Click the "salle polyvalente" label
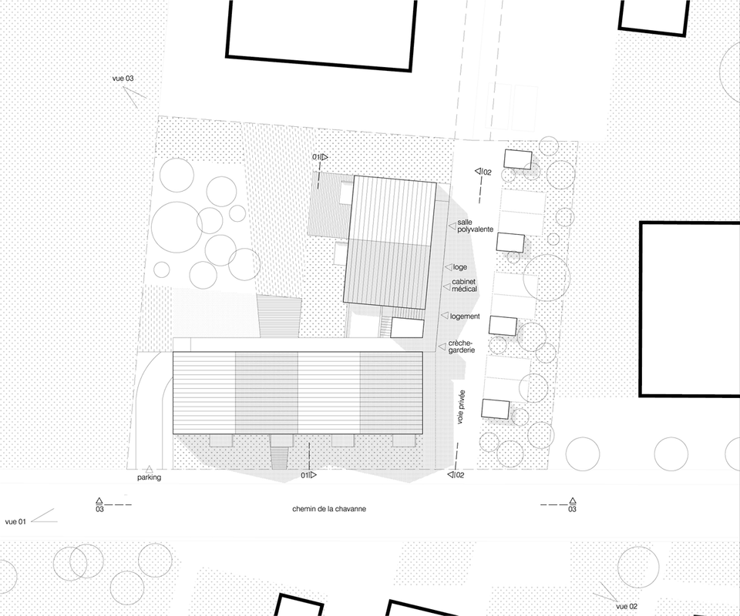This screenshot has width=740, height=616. [x=476, y=226]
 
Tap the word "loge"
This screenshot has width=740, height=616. [x=459, y=267]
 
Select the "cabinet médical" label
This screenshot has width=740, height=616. [x=464, y=286]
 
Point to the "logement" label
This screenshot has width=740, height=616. [x=465, y=316]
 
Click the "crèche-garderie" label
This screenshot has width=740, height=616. [x=462, y=346]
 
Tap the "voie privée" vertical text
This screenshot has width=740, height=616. [x=461, y=407]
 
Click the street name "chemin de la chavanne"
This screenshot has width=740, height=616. [x=329, y=509]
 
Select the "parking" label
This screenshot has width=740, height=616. [x=149, y=477]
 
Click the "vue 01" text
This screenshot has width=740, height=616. [x=15, y=522]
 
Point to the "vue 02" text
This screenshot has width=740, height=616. [x=627, y=607]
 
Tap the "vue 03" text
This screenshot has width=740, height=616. [x=123, y=79]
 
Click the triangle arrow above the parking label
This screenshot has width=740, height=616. [x=149, y=469]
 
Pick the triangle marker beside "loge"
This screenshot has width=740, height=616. [x=449, y=266]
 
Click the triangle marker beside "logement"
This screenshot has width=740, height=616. [x=445, y=316]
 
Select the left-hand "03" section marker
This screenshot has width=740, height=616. [x=99, y=505]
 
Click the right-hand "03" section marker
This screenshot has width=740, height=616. [x=573, y=505]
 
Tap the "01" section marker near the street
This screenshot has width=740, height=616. [x=308, y=475]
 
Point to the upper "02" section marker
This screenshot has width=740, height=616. [x=483, y=172]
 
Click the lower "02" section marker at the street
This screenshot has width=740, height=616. [x=456, y=475]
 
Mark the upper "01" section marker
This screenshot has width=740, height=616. [x=320, y=157]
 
